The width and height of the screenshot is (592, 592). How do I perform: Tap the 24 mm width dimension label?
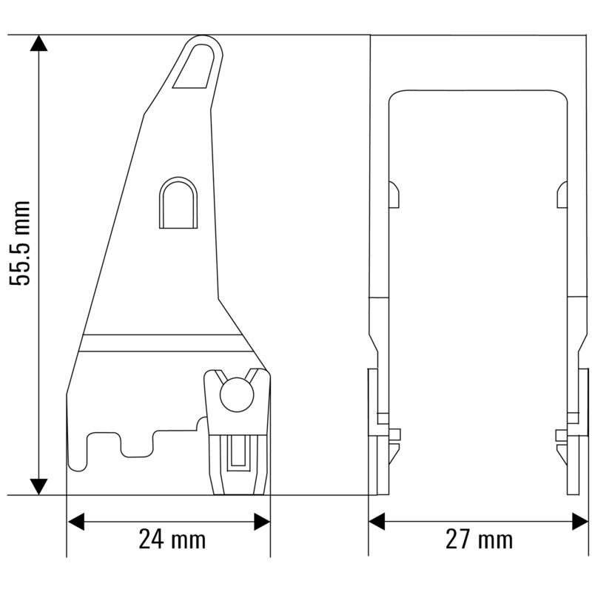172,539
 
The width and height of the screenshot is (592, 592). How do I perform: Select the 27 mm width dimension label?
479,539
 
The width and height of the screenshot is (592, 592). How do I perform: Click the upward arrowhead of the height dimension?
38,43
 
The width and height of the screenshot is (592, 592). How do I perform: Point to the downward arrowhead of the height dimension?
38,486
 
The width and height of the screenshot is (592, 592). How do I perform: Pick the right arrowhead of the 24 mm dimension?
262,522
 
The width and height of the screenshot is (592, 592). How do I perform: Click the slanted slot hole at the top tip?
196,67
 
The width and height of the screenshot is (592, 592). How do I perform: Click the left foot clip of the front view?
379,437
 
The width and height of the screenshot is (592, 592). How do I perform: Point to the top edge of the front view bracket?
478,91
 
